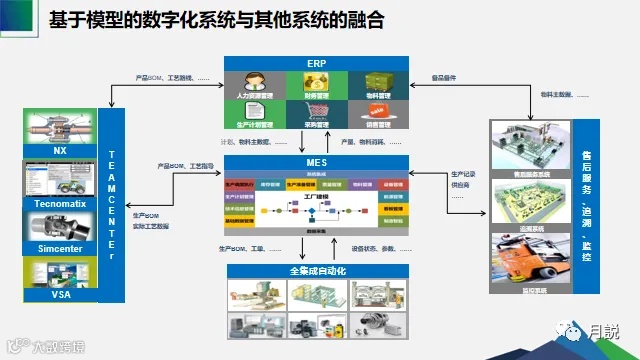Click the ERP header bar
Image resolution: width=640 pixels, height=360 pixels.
pos(315,62)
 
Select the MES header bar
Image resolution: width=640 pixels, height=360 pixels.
pos(315,163)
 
